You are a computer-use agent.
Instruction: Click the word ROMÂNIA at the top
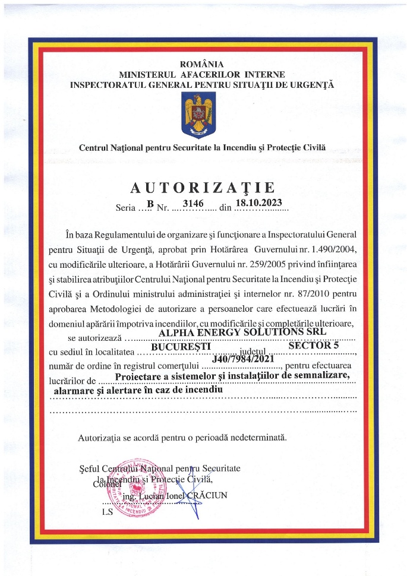point(203,64)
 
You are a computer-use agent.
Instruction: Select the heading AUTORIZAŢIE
point(203,188)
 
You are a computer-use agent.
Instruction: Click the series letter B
point(150,204)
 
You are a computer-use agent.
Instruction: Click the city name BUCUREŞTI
point(180,345)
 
